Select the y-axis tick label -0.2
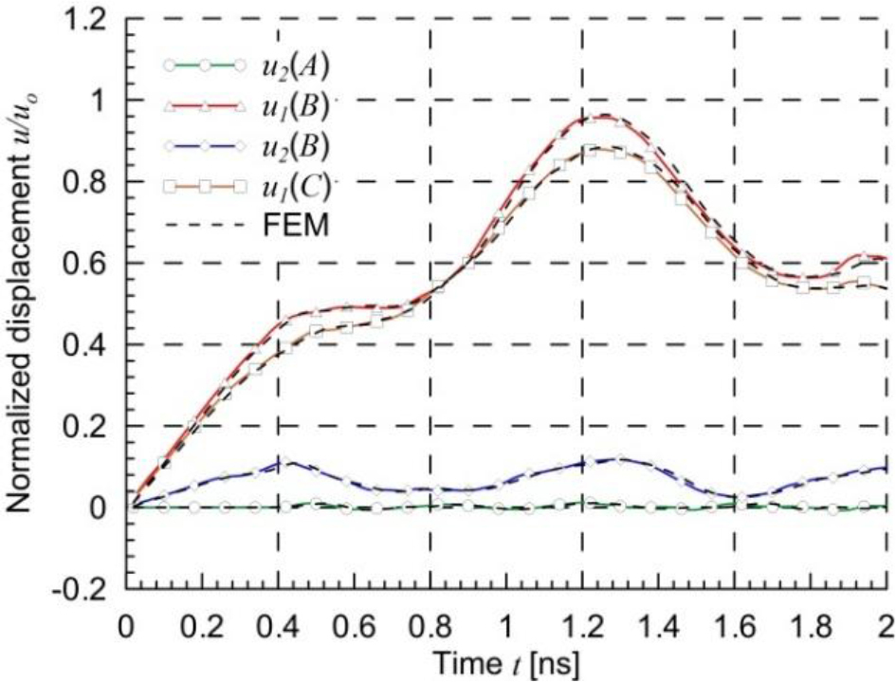click(x=87, y=589)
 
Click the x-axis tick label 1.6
click(x=735, y=627)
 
